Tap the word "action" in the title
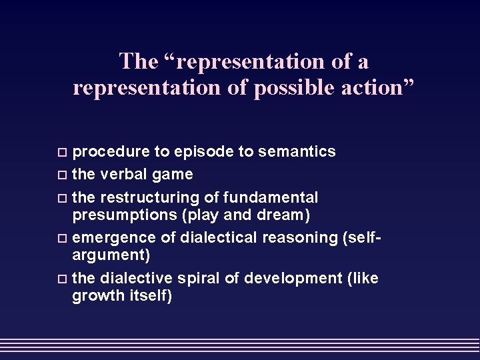[x=378, y=88]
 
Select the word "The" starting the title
[x=138, y=62]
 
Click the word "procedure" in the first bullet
[x=111, y=153]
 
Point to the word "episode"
[x=207, y=153]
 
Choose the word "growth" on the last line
[x=95, y=295]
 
